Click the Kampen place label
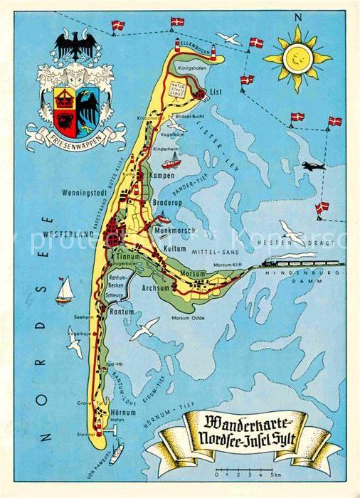coord(162,174)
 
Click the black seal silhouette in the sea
coord(312,166)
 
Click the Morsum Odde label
coord(188,317)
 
